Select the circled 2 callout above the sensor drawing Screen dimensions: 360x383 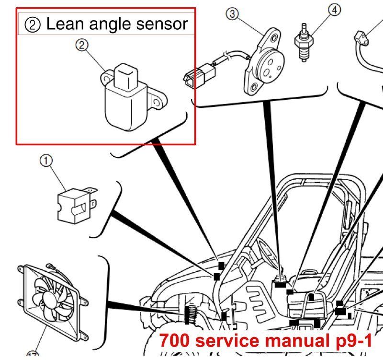tap(82, 46)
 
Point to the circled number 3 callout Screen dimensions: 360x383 tap(233, 14)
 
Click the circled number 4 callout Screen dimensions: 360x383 tap(334, 9)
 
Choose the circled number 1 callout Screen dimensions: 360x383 tap(46, 162)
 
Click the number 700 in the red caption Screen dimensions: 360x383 tap(174, 340)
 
